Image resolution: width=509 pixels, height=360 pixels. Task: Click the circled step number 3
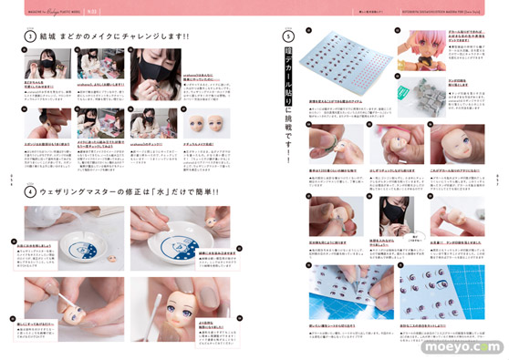[30, 36]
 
